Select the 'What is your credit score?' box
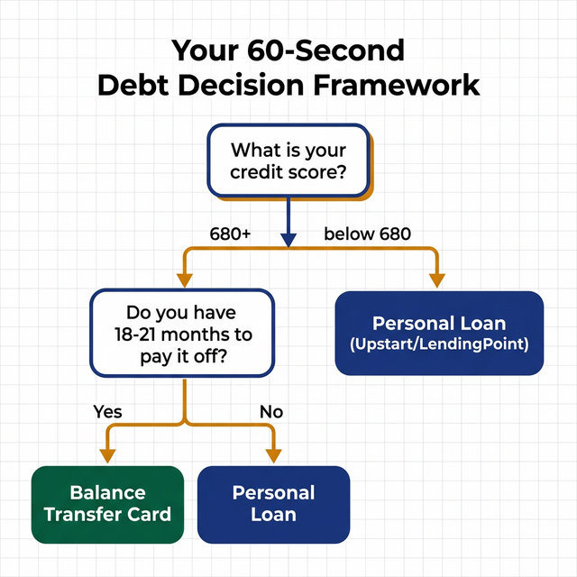[288, 160]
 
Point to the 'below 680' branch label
[367, 234]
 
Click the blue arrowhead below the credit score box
[288, 240]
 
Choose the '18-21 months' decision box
[182, 333]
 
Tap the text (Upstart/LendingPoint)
[439, 345]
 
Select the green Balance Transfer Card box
[107, 504]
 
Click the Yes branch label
[107, 412]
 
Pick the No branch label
[271, 412]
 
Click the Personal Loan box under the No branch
[273, 504]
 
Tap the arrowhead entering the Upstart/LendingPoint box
[438, 279]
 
